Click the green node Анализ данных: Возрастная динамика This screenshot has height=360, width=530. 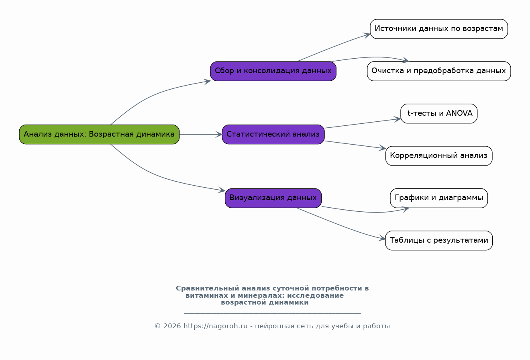tap(99, 134)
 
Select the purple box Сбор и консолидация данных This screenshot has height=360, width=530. tap(273, 71)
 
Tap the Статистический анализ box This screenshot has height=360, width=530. tap(273, 134)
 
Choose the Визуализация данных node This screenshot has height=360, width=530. tap(273, 198)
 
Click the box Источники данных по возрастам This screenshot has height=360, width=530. tap(439, 29)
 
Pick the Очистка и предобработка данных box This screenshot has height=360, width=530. tap(439, 71)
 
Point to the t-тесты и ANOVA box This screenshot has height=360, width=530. tap(439, 113)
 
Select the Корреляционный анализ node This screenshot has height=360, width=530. tap(439, 155)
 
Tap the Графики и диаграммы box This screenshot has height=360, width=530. tap(439, 198)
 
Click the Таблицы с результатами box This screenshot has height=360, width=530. tap(439, 240)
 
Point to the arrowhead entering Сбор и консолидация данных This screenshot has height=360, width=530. tap(208, 82)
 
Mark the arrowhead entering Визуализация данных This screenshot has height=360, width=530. tap(222, 190)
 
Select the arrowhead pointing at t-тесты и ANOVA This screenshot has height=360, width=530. tap(397, 119)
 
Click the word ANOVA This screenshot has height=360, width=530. tap(459, 113)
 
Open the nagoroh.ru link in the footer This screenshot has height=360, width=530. tap(215, 326)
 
